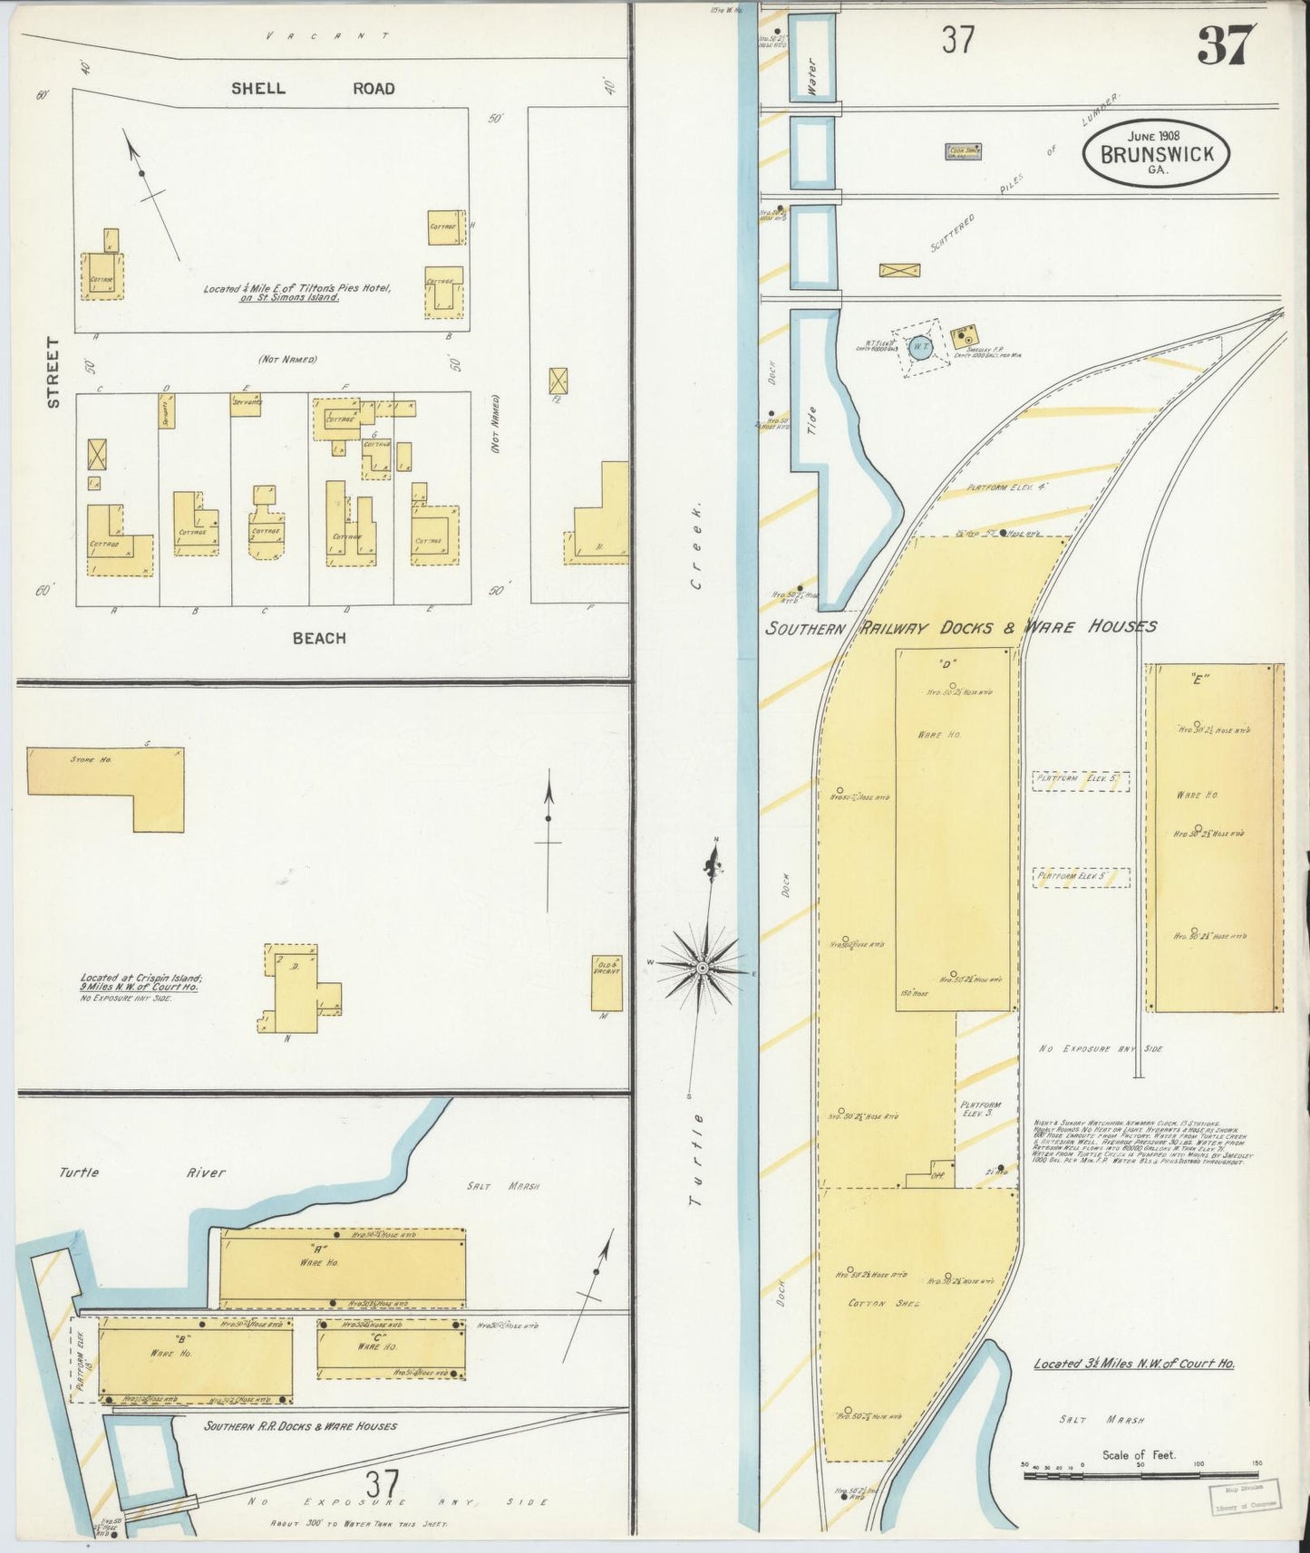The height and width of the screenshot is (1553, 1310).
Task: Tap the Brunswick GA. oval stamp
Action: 1156,154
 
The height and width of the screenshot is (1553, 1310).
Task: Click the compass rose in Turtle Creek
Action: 703,968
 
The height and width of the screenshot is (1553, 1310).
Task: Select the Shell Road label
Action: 312,89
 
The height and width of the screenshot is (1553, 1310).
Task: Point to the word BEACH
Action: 318,638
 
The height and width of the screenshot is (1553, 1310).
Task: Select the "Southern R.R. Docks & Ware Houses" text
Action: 300,1426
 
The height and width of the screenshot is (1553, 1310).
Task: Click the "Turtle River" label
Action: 142,1172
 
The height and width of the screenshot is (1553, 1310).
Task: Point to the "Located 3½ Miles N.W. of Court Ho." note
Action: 1133,1364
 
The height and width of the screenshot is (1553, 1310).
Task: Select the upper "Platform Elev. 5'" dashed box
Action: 1081,781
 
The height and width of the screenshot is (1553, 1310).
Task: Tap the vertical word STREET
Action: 53,371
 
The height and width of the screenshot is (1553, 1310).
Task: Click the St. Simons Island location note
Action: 296,293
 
